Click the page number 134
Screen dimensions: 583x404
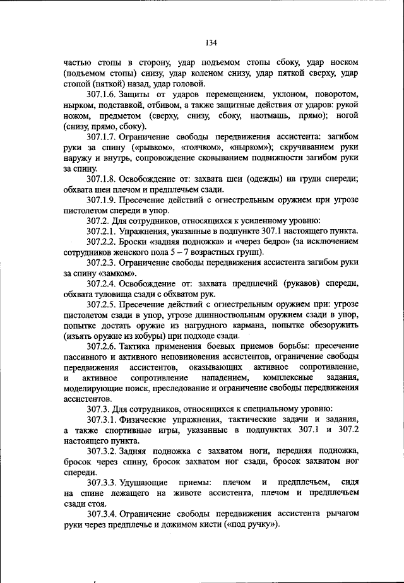coord(211,42)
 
